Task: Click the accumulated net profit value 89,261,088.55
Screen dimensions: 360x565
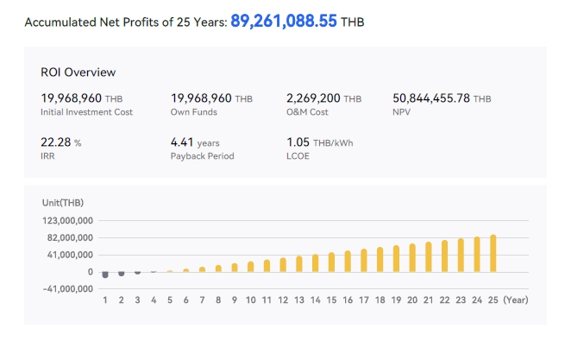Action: click(284, 21)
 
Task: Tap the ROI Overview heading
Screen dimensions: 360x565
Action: click(78, 73)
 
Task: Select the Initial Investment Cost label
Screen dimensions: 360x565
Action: click(86, 112)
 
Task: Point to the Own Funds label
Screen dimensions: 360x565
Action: click(195, 112)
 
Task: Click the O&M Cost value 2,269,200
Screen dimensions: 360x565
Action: click(313, 98)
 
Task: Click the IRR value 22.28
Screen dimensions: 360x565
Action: click(55, 142)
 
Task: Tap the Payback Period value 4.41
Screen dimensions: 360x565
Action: click(182, 142)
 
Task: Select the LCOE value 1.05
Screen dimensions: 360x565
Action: click(297, 142)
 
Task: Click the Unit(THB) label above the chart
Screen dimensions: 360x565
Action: click(63, 202)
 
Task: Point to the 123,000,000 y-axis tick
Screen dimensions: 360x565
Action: click(66, 221)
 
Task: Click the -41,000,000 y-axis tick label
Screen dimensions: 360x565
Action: click(66, 288)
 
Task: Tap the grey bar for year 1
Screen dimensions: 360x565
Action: click(105, 275)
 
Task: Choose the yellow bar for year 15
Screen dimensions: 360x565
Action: click(331, 262)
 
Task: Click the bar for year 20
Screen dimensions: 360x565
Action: click(412, 257)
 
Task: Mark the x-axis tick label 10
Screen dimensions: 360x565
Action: click(250, 300)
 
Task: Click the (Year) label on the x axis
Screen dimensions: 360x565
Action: click(517, 300)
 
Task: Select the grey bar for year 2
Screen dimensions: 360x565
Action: click(122, 274)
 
